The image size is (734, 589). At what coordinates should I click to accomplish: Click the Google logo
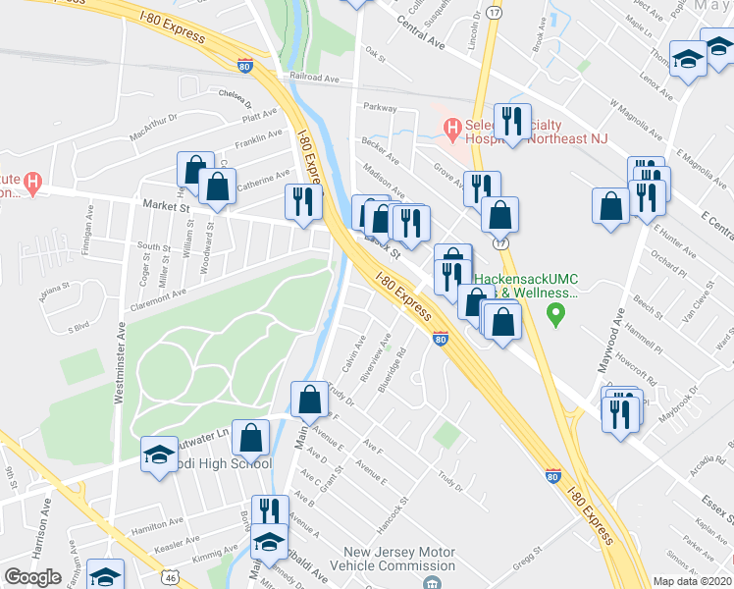pyautogui.click(x=32, y=577)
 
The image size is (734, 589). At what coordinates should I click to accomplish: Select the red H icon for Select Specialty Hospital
pyautogui.click(x=451, y=128)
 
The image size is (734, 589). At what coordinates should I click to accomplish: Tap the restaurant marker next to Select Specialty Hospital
pyautogui.click(x=511, y=122)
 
